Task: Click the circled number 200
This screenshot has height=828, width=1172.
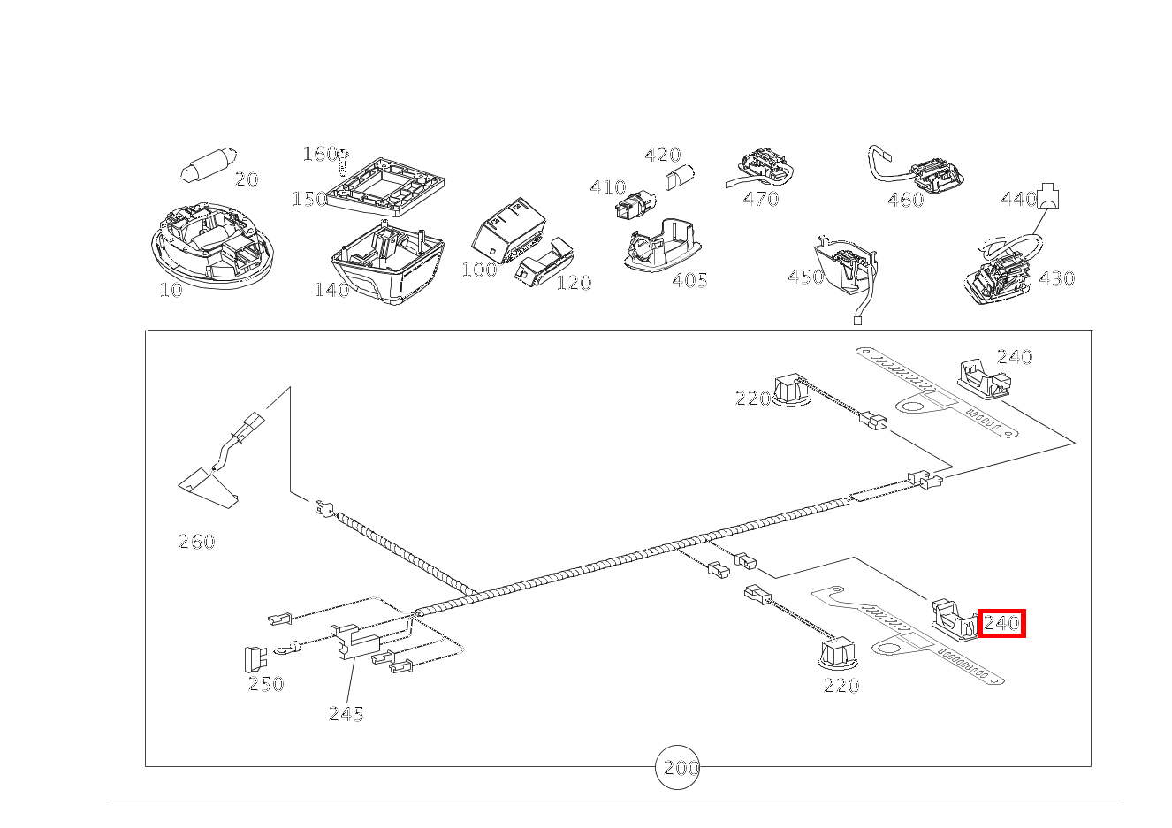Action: pyautogui.click(x=677, y=767)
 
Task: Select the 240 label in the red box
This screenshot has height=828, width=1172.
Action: pyautogui.click(x=1001, y=624)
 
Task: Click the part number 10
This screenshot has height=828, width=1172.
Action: pyautogui.click(x=171, y=290)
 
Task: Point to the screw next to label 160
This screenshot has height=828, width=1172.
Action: pyautogui.click(x=343, y=162)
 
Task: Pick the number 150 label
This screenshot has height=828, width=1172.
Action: pyautogui.click(x=309, y=200)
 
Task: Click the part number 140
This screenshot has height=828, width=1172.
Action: pyautogui.click(x=331, y=290)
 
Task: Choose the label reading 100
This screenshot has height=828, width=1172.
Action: pyautogui.click(x=479, y=270)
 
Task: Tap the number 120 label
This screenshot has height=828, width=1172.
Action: pyautogui.click(x=574, y=283)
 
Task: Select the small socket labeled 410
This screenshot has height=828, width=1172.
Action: pyautogui.click(x=635, y=205)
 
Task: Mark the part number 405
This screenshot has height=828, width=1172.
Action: pyautogui.click(x=690, y=281)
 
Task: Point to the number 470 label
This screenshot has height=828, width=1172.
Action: pyautogui.click(x=761, y=200)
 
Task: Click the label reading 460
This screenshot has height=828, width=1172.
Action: pyautogui.click(x=906, y=200)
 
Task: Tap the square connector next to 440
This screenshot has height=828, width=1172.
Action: pyautogui.click(x=1047, y=196)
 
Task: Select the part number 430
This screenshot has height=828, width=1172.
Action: pyautogui.click(x=1057, y=278)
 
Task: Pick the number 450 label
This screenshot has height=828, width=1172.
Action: pyautogui.click(x=806, y=277)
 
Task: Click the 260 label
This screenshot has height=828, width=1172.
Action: pyautogui.click(x=197, y=542)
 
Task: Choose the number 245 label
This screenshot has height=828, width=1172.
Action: pyautogui.click(x=346, y=714)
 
